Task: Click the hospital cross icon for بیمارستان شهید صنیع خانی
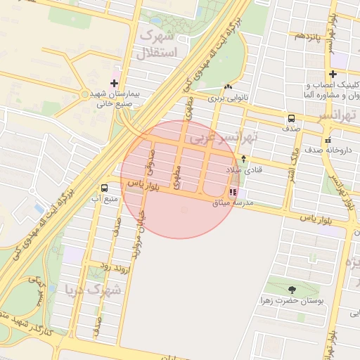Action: (x=114, y=83)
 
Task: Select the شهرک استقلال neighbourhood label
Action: (x=160, y=43)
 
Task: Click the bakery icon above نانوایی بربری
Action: (x=228, y=87)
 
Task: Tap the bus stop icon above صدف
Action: (x=291, y=118)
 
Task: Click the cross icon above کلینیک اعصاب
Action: (x=333, y=74)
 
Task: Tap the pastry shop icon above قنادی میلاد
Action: (x=244, y=159)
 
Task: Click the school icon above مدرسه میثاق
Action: (x=233, y=192)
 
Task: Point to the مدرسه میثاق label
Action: (x=235, y=202)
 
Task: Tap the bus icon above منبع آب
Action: (x=105, y=188)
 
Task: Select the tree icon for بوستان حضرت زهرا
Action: (x=292, y=289)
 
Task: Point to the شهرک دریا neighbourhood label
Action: (x=92, y=289)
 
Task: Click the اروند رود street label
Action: (x=112, y=266)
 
